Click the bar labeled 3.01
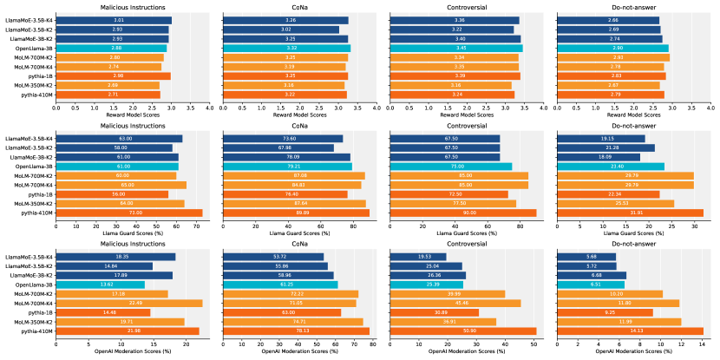(114, 20)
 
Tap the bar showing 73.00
(129, 213)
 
